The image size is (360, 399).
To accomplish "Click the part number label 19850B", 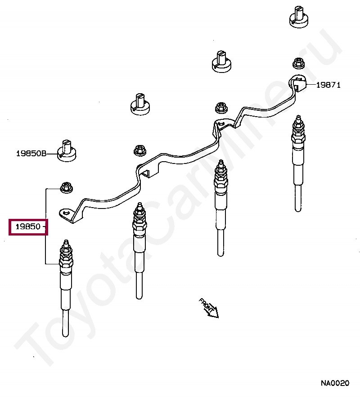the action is point(31,154).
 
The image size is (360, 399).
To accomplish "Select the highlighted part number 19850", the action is point(28,227).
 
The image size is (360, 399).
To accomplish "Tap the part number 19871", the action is point(328,85).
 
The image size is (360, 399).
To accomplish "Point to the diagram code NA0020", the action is point(335,383).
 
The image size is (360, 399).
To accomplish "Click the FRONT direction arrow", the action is point(209,308).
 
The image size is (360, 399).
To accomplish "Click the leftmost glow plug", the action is point(66,288).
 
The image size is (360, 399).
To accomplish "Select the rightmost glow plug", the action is point(298,163).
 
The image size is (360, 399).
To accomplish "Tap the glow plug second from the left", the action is point(139,251).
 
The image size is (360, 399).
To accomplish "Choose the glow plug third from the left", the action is point(220,208).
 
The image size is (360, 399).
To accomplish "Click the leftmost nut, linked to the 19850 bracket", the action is point(67,187).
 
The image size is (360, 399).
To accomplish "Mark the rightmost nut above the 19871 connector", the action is point(299,63).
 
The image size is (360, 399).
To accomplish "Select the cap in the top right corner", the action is point(299,17).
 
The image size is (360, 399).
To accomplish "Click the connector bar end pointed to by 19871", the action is point(297,83).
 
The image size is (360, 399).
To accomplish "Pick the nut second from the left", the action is point(140,150).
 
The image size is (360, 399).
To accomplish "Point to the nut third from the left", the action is point(221,108).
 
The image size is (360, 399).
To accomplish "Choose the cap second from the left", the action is point(140,104).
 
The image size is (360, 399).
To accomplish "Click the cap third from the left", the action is point(221,61).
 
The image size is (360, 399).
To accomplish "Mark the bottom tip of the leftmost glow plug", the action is point(66,336).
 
